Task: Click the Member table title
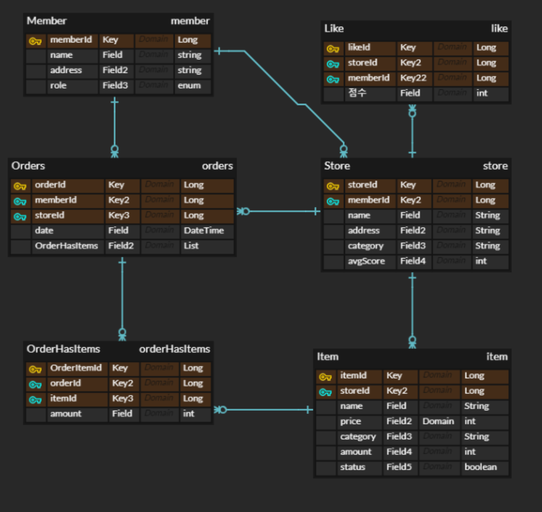coord(47,21)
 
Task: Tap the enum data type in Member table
coord(189,86)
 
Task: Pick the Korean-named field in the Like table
coord(357,93)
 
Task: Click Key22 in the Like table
coord(413,78)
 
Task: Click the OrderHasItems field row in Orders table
coord(66,246)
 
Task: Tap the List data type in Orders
coord(191,246)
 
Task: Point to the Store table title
coord(337,166)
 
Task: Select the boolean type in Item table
coord(480,468)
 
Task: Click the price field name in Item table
coord(350,421)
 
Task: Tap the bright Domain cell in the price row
coord(438,421)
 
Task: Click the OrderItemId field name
coord(76,368)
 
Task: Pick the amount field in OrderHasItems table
coord(66,414)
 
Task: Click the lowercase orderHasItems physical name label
coord(175,349)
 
